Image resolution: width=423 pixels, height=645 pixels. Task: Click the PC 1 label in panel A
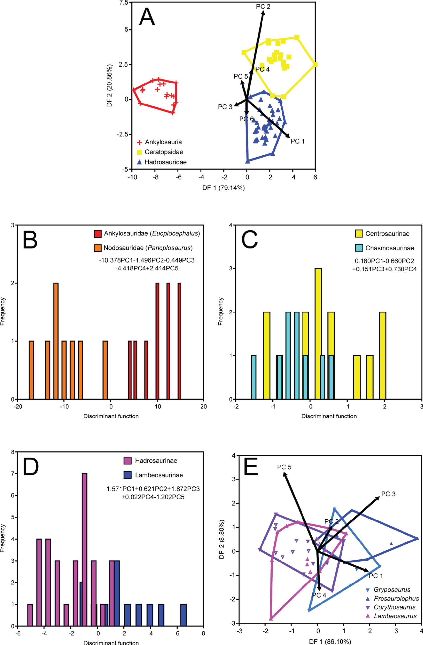tap(298, 141)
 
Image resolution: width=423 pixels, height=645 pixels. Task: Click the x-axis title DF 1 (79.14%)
tap(223, 188)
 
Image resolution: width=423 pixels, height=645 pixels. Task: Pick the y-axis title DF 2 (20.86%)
tap(109, 86)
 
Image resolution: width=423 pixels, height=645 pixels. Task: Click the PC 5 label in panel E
tap(284, 467)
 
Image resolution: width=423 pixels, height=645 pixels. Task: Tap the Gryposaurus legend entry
tap(392, 590)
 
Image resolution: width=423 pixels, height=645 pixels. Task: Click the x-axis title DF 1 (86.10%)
tap(330, 642)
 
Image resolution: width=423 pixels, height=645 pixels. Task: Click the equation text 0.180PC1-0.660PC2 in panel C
tap(384, 261)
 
